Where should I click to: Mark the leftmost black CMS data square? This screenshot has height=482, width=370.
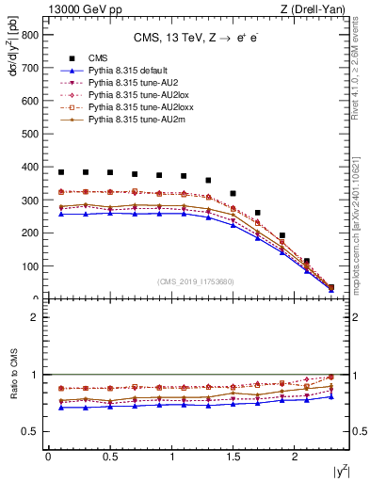[61, 172]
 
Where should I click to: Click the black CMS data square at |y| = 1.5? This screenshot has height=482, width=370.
[233, 193]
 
